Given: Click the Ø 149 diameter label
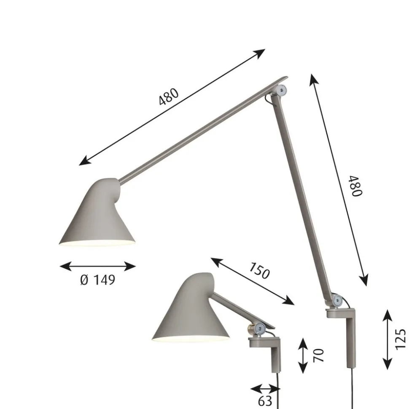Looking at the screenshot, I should tap(97, 280).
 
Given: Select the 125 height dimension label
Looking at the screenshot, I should tap(400, 339).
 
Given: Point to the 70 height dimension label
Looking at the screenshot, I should tap(320, 355).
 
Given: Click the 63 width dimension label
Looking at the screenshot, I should tap(265, 401).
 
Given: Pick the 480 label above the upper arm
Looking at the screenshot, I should tap(169, 97).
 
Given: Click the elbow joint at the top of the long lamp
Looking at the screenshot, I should tap(281, 89).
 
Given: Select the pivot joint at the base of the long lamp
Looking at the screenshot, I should tap(336, 300).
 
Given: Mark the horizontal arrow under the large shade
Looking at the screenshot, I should tap(97, 266).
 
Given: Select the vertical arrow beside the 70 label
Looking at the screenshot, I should tap(303, 355).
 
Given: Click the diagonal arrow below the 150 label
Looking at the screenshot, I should tap(252, 281).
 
